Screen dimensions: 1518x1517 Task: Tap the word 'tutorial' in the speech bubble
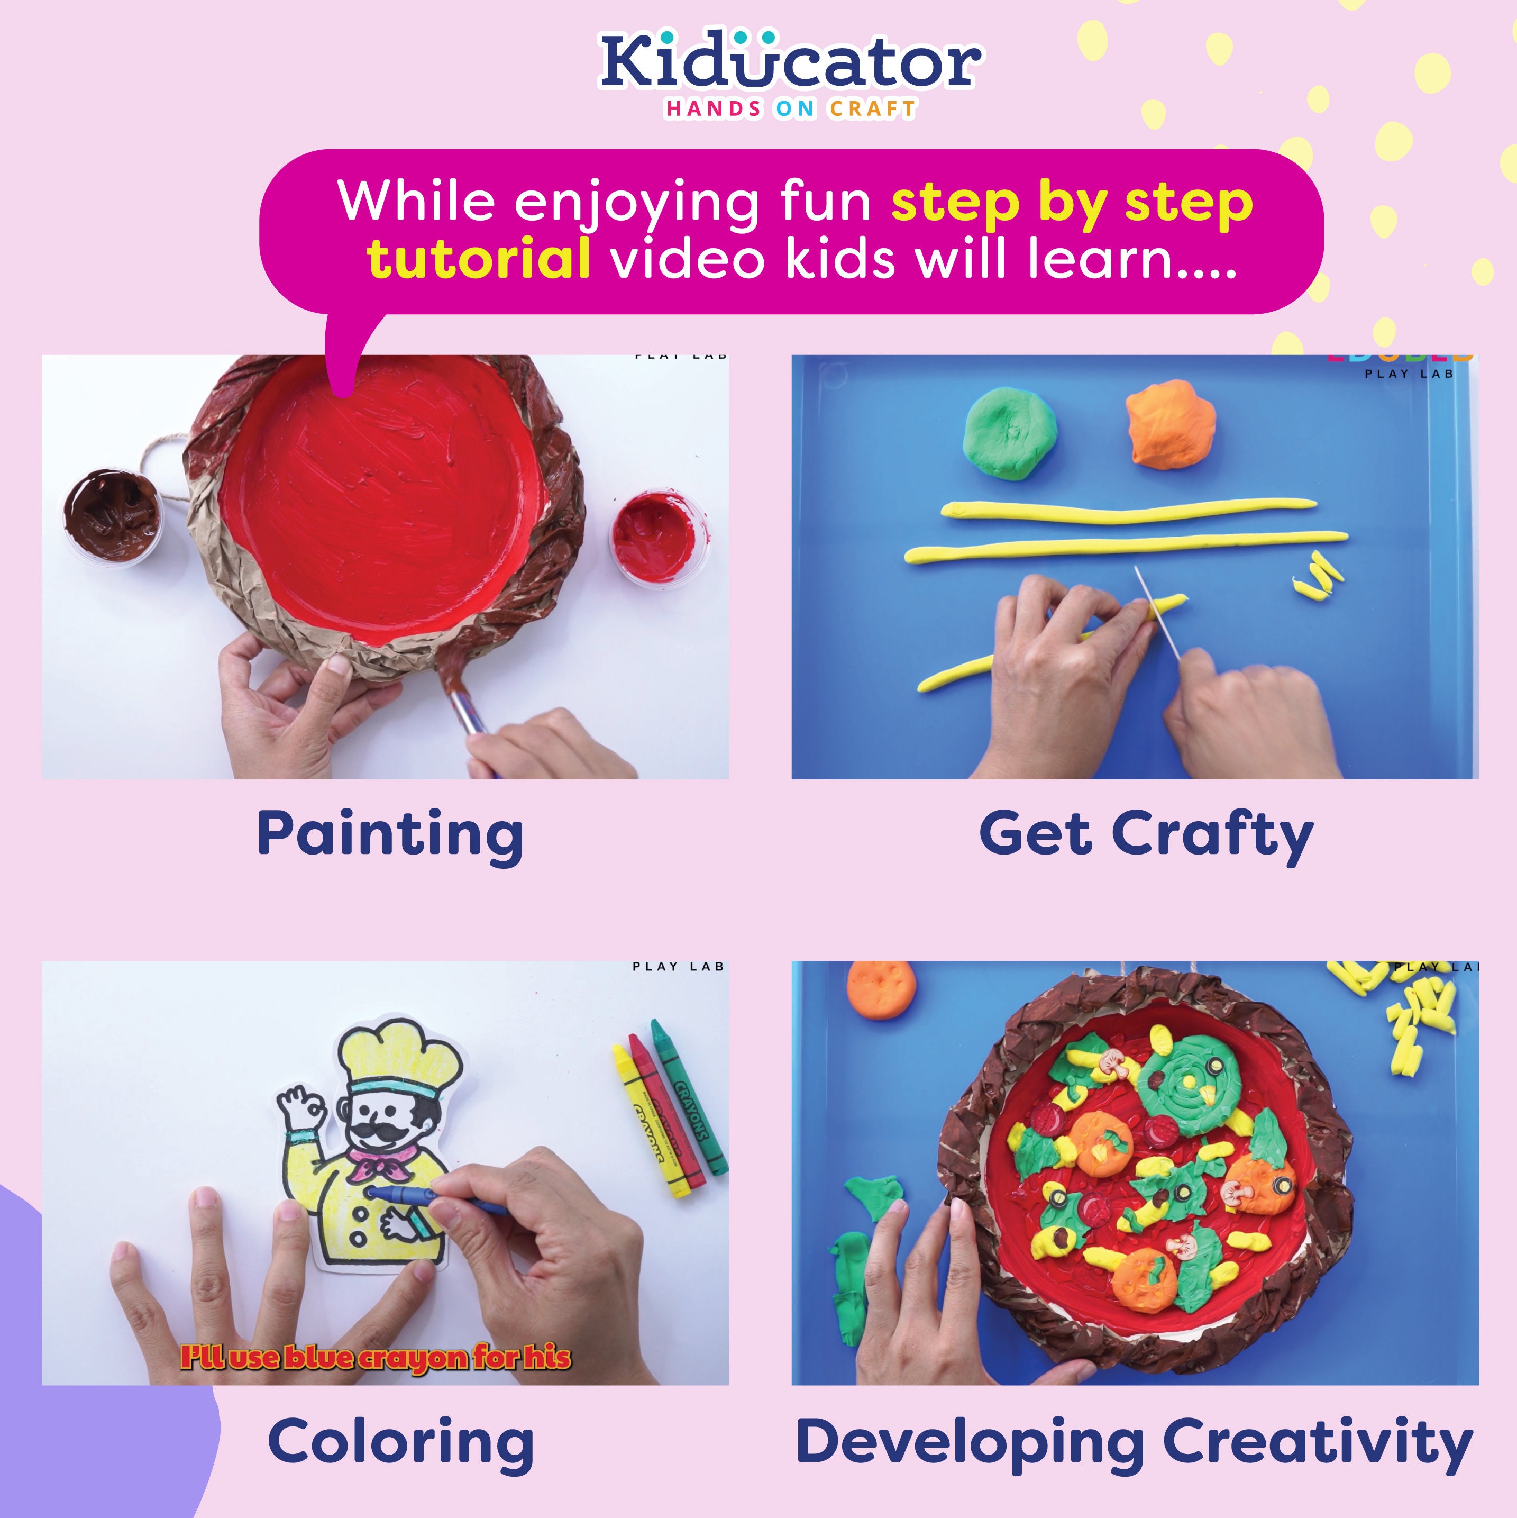coord(479,259)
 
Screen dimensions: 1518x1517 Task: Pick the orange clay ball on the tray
coord(1170,425)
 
